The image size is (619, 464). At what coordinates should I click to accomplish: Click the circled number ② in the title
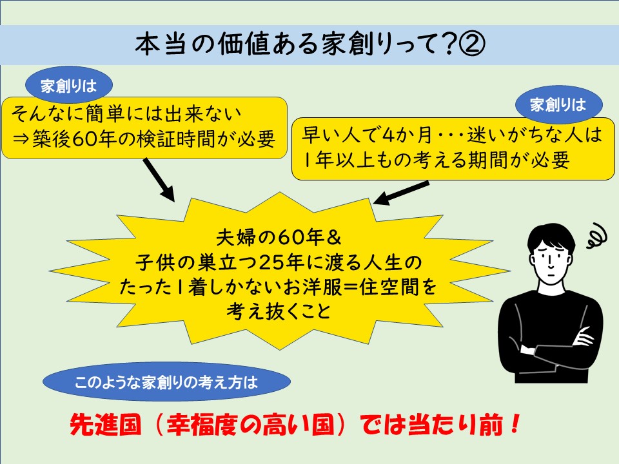[x=471, y=44]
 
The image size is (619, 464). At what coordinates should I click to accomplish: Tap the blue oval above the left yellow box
[x=69, y=85]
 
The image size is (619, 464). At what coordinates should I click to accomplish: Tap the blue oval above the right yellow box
[x=558, y=104]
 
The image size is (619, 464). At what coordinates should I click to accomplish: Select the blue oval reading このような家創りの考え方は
[x=166, y=382]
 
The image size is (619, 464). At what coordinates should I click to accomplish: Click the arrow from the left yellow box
[x=159, y=180]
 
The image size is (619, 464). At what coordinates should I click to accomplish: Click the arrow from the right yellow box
[x=400, y=193]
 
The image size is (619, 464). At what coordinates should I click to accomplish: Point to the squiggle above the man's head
[x=596, y=236]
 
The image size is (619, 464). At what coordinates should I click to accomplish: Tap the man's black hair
[x=551, y=237]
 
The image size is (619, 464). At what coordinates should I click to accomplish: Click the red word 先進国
[x=105, y=424]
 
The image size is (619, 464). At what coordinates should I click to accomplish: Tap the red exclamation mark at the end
[x=514, y=424]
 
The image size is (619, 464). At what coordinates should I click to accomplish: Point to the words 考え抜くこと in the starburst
[x=279, y=312]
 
